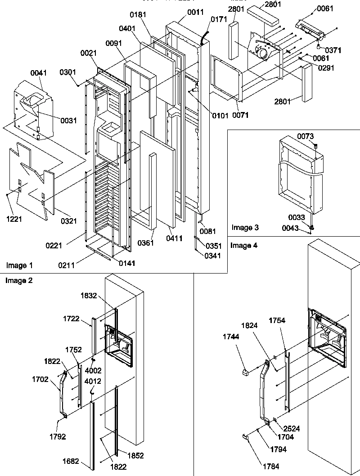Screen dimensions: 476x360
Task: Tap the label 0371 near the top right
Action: coord(333,50)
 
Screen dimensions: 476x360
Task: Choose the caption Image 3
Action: coord(245,228)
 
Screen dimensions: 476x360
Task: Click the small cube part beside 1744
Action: coord(246,372)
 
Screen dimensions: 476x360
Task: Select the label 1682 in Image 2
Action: coord(84,461)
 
